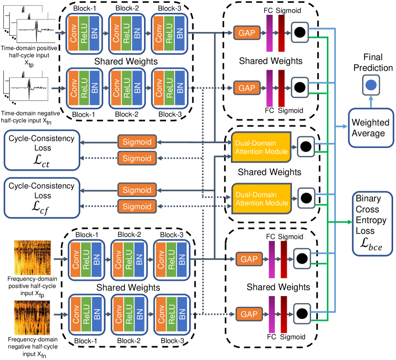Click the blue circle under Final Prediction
[x=371, y=86]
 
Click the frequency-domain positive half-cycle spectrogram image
[x=31, y=257]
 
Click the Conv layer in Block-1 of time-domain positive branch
[x=73, y=33]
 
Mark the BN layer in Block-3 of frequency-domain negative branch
[x=184, y=314]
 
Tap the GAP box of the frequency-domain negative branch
[x=248, y=315]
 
